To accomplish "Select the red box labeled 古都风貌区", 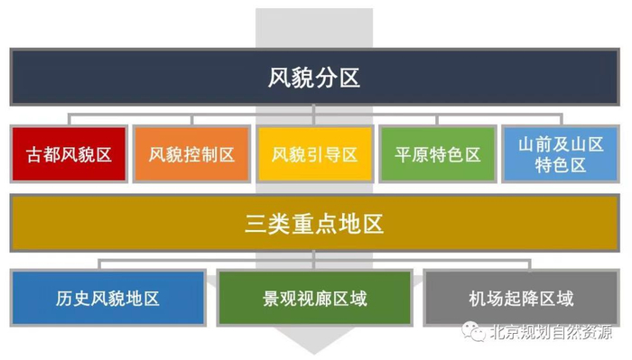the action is (x=69, y=154).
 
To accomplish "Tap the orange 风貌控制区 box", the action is (x=191, y=154).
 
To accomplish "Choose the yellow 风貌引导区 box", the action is (x=314, y=154).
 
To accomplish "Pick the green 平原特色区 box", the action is (x=437, y=154).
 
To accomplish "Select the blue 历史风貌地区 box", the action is (x=107, y=298).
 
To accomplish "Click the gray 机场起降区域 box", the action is (x=521, y=298).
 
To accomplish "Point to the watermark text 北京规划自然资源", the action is (x=550, y=332).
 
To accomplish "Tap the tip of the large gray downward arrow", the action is (x=313, y=352).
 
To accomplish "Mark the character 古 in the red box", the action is (x=34, y=154).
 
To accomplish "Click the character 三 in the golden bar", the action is (x=256, y=223).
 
